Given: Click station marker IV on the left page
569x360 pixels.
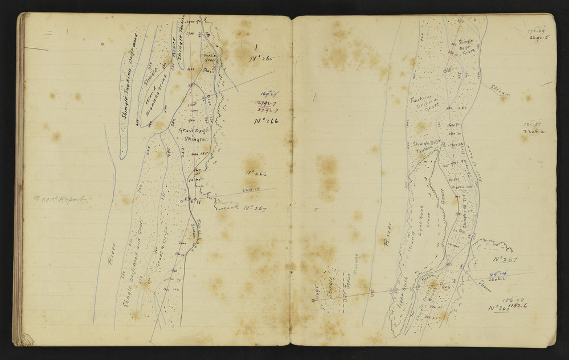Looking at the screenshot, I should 194,200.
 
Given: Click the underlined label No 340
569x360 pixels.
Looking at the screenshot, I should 498,308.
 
